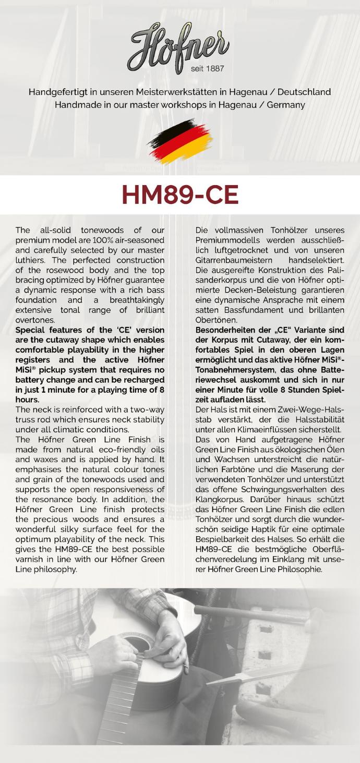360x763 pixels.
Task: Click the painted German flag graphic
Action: (x=180, y=140)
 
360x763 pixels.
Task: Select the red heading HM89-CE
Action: (x=180, y=195)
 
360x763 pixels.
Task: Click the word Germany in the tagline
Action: (x=286, y=105)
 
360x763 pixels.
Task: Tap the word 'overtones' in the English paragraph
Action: (x=35, y=320)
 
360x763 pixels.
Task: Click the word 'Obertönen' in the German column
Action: (x=216, y=320)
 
